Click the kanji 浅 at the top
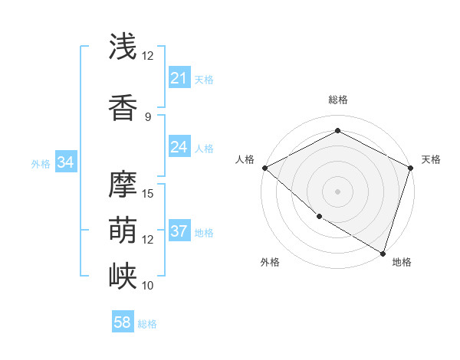123,47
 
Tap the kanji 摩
123,184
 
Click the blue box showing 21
179,78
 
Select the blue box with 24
179,147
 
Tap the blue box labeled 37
179,231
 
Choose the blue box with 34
66,162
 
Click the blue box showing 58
123,322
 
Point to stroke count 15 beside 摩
148,193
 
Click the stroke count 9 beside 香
148,116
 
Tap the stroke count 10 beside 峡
148,285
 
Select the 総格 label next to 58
147,324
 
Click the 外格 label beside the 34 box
41,163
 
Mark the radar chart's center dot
337,191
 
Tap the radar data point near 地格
383,253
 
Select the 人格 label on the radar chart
245,159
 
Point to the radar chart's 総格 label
337,100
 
